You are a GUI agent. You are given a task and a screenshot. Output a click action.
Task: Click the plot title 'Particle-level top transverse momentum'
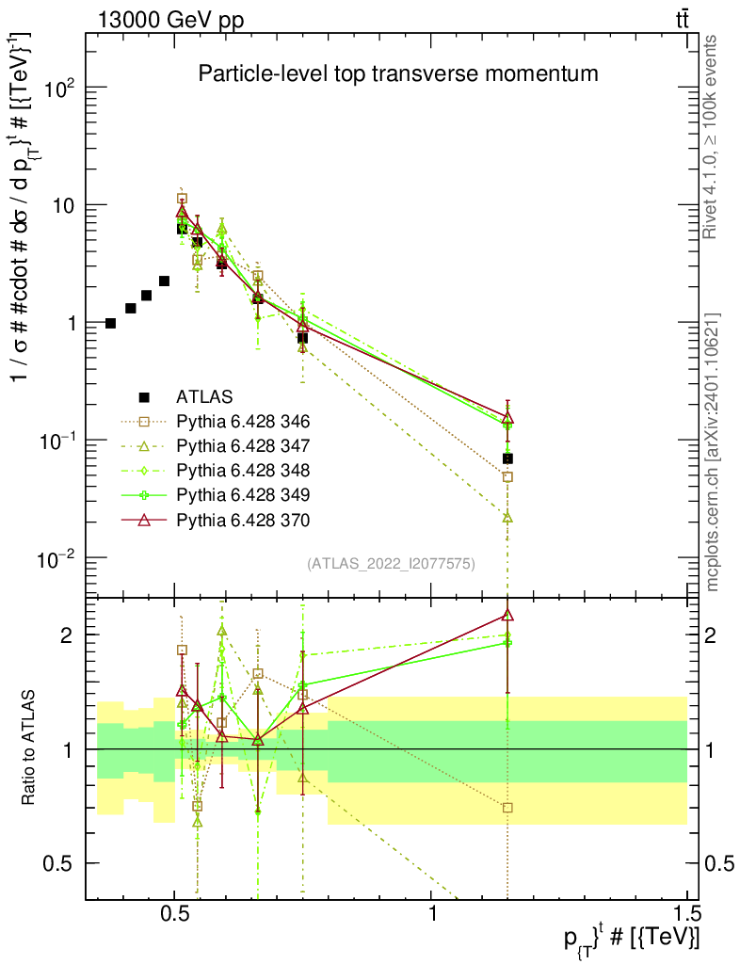(397, 73)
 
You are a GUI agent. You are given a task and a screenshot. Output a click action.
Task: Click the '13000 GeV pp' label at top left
(170, 21)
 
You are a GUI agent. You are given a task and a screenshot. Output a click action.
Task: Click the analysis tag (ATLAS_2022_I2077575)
(391, 563)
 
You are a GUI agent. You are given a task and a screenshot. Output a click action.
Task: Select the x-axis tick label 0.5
(175, 913)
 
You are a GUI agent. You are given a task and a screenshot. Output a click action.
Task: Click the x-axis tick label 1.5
(685, 913)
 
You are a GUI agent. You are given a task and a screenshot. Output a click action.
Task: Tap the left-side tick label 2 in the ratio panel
(66, 635)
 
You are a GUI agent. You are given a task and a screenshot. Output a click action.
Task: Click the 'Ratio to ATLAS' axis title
(28, 747)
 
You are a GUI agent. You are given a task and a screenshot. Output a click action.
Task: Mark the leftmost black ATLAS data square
(111, 324)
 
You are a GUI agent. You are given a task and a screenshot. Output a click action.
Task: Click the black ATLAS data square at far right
(507, 458)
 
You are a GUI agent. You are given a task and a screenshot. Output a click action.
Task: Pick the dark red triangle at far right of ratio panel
(507, 615)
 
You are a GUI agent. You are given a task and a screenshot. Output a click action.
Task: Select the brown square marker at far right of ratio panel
(507, 808)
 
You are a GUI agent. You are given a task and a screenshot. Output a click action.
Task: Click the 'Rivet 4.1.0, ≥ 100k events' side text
(710, 137)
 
